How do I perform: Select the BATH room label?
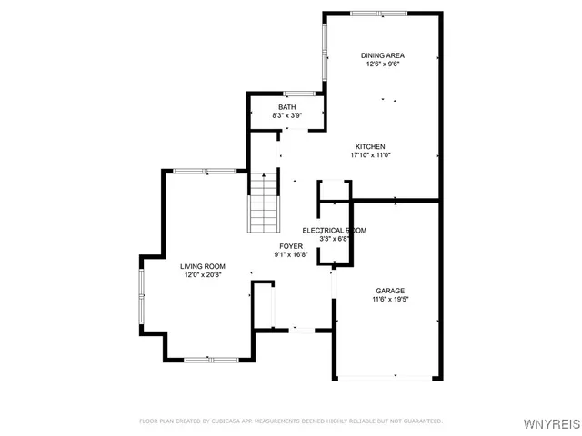(286, 107)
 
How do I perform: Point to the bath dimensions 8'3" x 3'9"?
(286, 116)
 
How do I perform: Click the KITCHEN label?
(370, 146)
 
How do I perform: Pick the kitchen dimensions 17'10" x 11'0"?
(370, 155)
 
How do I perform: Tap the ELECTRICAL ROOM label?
(334, 230)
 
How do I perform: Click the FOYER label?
(291, 245)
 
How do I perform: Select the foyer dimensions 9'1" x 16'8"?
(291, 254)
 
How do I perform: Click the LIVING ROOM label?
(202, 265)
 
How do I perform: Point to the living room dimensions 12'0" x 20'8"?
(202, 274)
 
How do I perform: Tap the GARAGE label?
(390, 291)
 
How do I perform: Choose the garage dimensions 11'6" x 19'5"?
(390, 300)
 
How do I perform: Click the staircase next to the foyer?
(264, 203)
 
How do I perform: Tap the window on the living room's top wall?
(205, 171)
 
